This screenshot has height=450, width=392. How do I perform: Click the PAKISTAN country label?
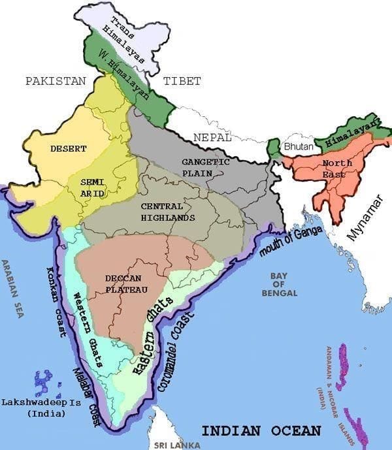[x=56, y=81]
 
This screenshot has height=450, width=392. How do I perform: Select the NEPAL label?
[x=212, y=138]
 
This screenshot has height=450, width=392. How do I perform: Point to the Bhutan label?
[x=298, y=148]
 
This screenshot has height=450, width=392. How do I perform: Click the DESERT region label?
[x=68, y=149]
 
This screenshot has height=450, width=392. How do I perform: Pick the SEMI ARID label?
[x=92, y=187]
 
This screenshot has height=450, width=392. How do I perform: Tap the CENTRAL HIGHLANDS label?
[x=168, y=212]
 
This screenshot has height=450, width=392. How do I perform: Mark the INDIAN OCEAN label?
[x=261, y=431]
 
